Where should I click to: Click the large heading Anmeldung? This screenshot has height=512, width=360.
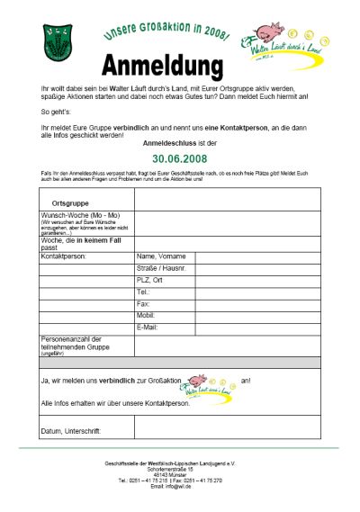161,67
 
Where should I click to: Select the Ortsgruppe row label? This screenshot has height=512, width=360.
70,203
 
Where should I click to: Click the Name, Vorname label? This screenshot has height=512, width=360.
161,256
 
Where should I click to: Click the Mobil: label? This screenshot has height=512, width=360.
147,316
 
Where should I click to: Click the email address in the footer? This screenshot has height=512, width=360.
180,485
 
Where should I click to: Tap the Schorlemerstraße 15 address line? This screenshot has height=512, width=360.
180,469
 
